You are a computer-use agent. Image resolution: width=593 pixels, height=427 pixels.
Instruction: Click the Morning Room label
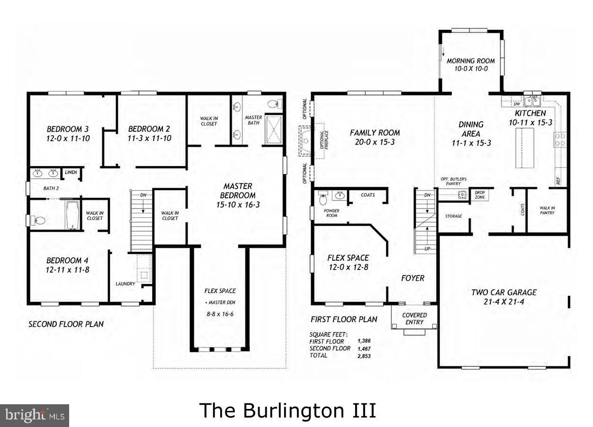coord(470,61)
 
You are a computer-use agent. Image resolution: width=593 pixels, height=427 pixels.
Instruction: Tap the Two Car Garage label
coord(503,292)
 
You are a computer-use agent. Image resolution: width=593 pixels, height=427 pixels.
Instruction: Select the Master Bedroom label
coord(238,186)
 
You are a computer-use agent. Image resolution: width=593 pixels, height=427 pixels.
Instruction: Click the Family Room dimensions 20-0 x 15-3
coord(374,142)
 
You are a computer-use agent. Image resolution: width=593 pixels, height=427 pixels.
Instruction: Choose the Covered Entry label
coord(414,318)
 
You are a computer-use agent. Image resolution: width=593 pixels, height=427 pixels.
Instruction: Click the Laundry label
coord(125,284)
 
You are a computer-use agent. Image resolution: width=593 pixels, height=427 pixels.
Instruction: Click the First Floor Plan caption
coord(344,319)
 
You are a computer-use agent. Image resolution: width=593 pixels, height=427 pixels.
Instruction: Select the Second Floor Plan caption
coord(66,324)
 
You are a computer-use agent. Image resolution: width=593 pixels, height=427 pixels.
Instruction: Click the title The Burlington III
coord(288,410)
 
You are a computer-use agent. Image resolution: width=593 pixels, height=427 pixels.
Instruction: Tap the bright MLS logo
coord(35,415)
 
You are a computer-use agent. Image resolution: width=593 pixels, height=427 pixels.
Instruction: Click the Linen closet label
coord(71,173)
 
